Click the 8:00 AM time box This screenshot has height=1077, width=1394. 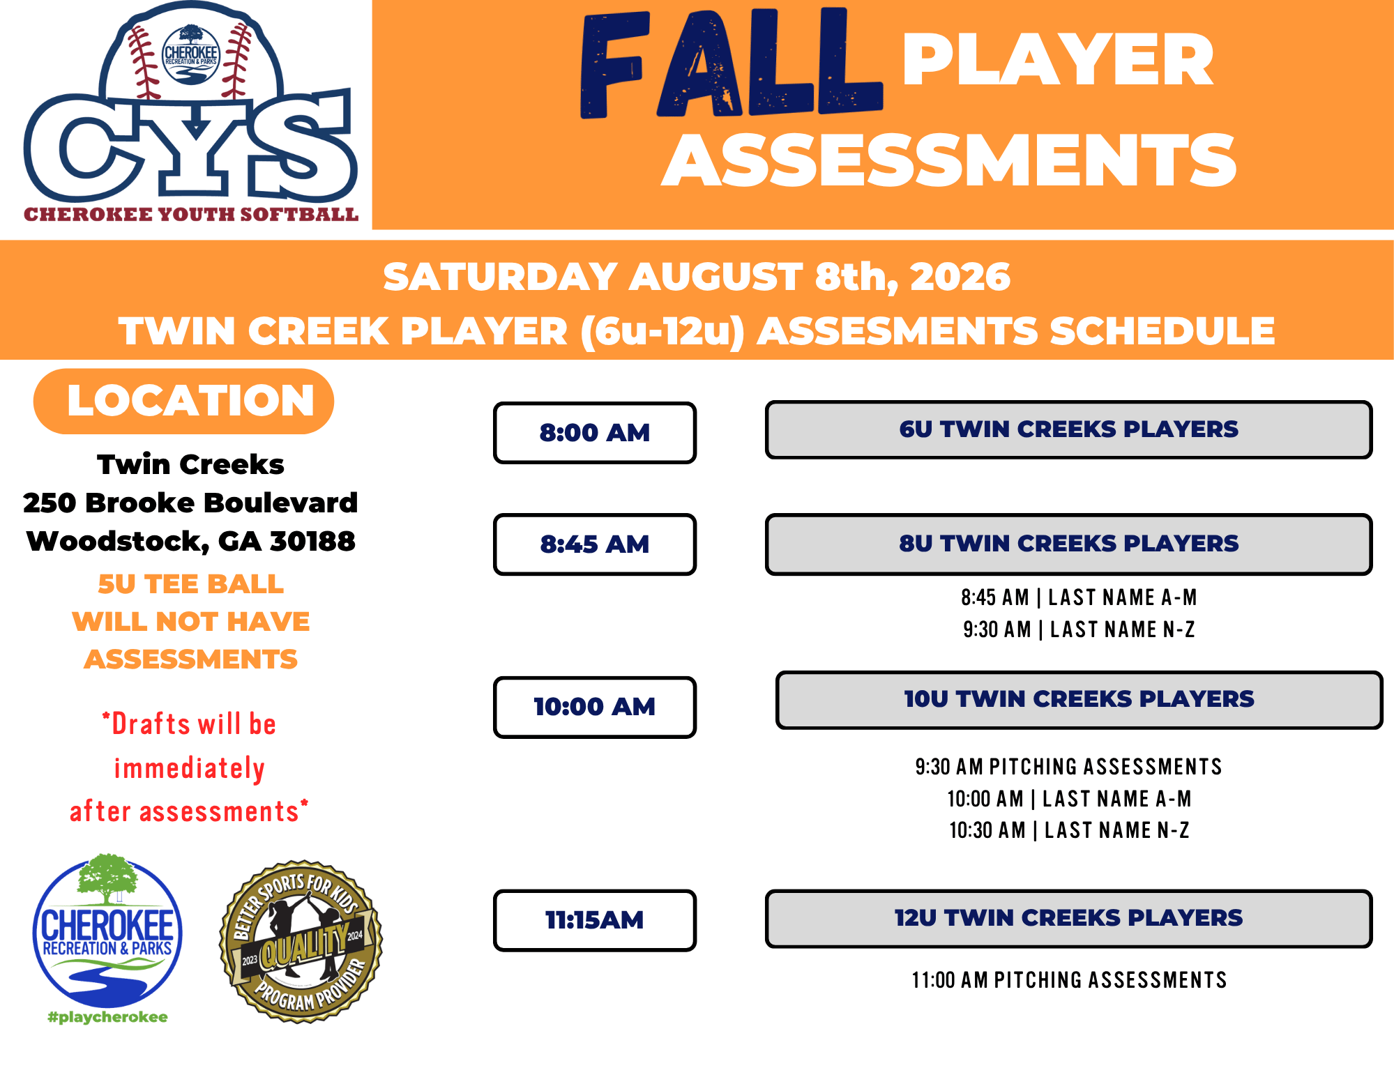click(595, 432)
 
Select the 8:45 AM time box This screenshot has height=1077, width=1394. click(595, 544)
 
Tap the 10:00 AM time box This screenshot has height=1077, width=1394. click(595, 707)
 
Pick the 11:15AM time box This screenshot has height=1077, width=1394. click(595, 920)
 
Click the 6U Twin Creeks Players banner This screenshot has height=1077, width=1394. click(1068, 429)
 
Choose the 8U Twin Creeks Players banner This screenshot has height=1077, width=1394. click(1068, 544)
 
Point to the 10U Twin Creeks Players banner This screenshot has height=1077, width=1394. click(1079, 700)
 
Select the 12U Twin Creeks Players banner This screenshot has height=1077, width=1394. click(1068, 918)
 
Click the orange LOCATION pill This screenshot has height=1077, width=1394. click(184, 401)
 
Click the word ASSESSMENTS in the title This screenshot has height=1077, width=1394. click(949, 160)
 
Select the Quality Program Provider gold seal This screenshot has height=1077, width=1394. click(301, 941)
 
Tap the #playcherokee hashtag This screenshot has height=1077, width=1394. click(107, 1017)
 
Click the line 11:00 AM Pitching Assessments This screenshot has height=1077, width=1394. click(1069, 980)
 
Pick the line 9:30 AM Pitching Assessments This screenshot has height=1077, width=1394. click(1068, 767)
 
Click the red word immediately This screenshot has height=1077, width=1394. click(190, 769)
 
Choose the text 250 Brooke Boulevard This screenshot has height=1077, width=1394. click(190, 503)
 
